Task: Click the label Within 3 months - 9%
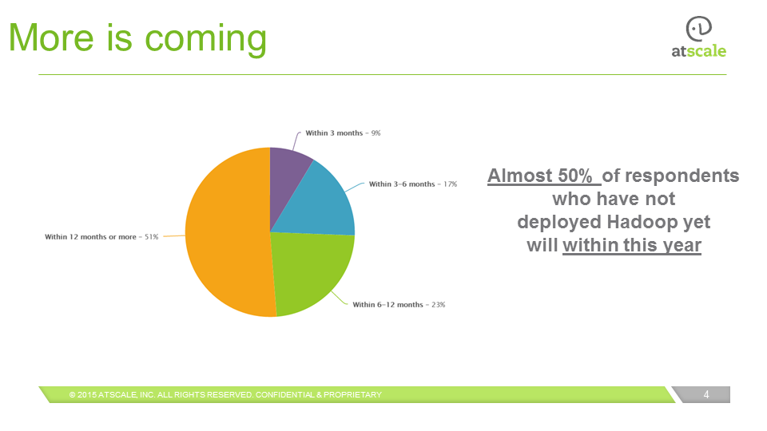(343, 132)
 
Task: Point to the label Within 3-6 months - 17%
(412, 184)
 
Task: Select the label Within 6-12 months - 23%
(399, 305)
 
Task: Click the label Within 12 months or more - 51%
(101, 237)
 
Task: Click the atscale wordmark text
(698, 51)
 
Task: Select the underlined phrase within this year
(631, 244)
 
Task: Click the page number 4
(706, 394)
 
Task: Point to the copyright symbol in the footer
(72, 395)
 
